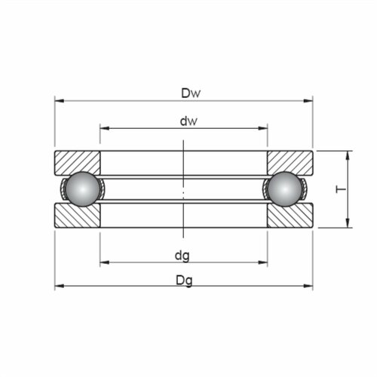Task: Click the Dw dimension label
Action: pos(190,93)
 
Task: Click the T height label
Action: pos(340,188)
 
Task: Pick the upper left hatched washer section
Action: pos(77,161)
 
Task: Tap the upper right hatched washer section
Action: pos(290,161)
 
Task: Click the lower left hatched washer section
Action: pos(77,216)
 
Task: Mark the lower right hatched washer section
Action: pos(290,216)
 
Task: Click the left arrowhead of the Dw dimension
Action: pos(58,100)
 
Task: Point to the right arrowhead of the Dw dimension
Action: pos(309,100)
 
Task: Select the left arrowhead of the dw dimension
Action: pos(104,128)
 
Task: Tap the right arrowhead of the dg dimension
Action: pos(263,262)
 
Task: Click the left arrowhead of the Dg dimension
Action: pos(58,287)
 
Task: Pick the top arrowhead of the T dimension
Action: pos(348,155)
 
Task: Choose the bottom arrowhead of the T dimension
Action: pos(348,222)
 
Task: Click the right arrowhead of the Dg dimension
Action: pos(309,287)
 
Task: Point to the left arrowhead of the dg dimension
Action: pos(104,262)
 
